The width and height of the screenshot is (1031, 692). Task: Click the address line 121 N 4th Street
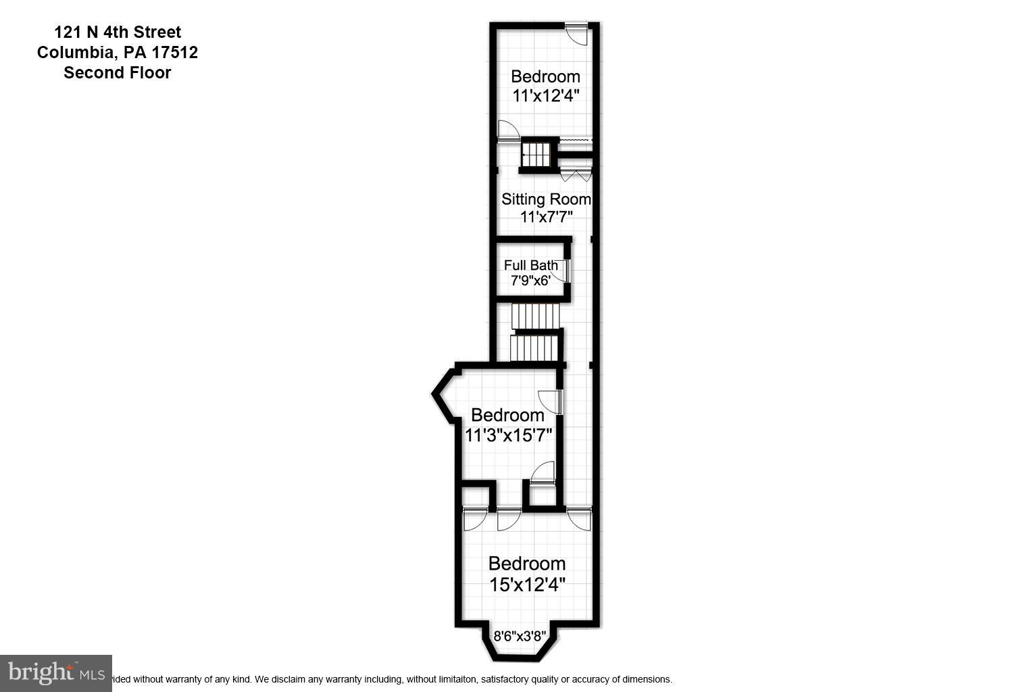[118, 32]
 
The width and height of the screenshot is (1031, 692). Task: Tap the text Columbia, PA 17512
[118, 52]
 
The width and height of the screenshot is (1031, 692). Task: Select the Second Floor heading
[118, 72]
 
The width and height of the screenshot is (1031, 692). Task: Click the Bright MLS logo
[56, 673]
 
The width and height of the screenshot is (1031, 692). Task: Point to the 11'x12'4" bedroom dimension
[545, 95]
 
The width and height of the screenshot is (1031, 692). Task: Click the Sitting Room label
[546, 199]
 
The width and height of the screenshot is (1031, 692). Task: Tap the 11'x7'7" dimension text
[546, 217]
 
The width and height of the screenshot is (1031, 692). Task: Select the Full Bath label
[531, 265]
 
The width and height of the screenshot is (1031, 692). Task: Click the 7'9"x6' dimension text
[531, 280]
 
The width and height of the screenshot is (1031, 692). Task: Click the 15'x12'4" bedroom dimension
[527, 584]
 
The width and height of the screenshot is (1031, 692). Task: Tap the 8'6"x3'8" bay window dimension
[520, 636]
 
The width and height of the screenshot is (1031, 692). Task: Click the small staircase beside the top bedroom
[538, 154]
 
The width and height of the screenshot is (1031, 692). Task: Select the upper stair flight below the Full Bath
[535, 316]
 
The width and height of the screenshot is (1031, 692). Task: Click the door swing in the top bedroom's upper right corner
[576, 34]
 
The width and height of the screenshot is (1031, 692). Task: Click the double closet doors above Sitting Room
[576, 176]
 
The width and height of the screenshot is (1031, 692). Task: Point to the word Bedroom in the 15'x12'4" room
[527, 563]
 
